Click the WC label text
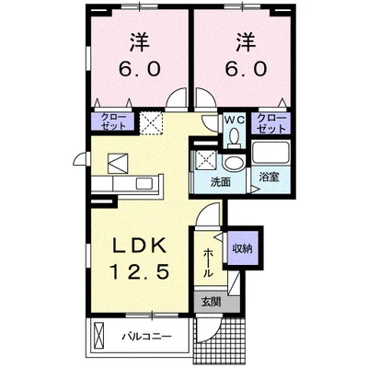tap(234, 119)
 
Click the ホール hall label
tap(209, 261)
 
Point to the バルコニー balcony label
tap(146, 336)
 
